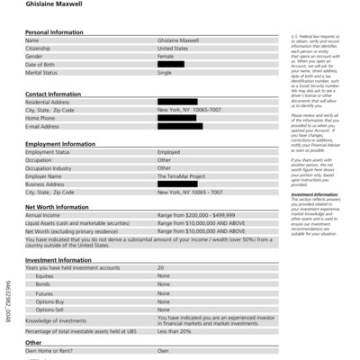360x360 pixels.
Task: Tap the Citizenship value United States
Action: click(173, 49)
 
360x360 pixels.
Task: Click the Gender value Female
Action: click(166, 57)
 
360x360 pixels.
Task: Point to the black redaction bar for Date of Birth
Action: click(171, 65)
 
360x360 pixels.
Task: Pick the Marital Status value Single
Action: click(165, 73)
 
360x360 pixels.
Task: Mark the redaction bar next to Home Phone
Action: click(175, 118)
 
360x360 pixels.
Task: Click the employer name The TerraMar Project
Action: click(182, 175)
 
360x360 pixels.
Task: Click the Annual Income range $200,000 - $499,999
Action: click(196, 215)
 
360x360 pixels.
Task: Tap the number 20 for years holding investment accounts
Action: click(160, 267)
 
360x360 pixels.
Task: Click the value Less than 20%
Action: click(175, 332)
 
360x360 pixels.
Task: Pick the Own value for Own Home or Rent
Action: click(163, 350)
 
